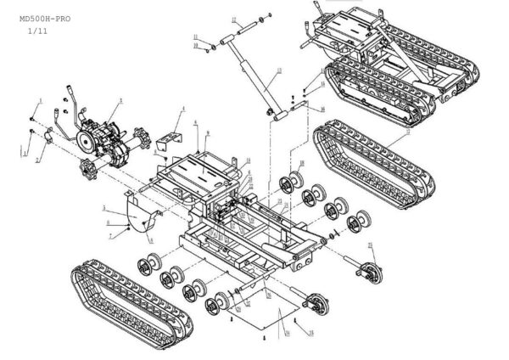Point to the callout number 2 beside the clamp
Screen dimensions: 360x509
click(x=36, y=160)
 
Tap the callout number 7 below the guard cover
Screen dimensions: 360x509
click(x=109, y=235)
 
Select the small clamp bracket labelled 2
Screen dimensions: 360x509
click(x=50, y=133)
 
